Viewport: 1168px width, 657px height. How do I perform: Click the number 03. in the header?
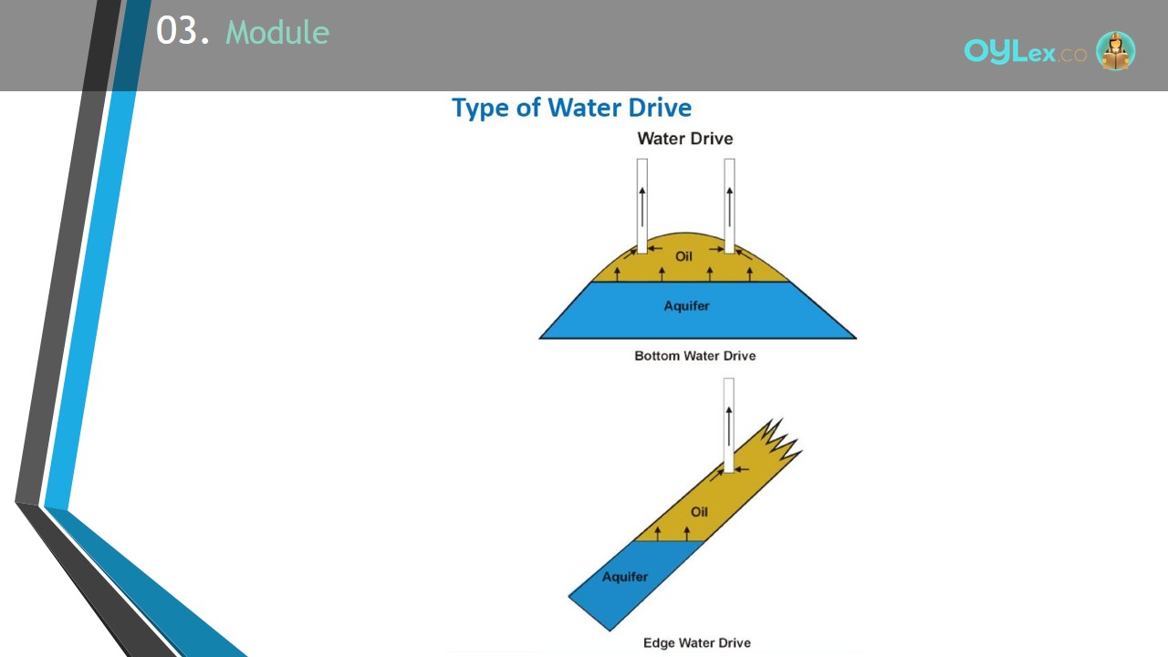coord(182,31)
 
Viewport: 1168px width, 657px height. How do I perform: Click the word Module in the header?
coord(277,32)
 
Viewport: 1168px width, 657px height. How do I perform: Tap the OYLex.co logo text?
coord(1025,51)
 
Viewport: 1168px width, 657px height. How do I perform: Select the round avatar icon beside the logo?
coord(1115,50)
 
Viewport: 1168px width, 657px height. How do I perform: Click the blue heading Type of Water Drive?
coord(571,108)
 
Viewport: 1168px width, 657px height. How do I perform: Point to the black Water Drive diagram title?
coord(685,138)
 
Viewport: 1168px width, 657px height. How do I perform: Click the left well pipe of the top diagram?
coord(642,206)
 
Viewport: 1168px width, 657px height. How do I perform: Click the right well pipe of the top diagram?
coord(729,206)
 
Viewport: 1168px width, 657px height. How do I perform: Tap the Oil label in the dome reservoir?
coord(683,256)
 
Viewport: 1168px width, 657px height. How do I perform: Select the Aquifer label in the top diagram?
coord(686,306)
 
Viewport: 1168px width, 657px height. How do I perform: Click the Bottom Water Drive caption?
coord(695,356)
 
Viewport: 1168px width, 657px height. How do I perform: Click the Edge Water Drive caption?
coord(697,643)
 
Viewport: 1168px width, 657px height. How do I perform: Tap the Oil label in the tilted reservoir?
coord(699,512)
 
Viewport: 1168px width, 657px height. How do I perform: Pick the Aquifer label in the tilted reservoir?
coord(625,577)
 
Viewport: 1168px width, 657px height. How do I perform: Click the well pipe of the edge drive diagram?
coord(729,425)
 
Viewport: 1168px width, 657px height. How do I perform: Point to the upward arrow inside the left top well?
coord(642,207)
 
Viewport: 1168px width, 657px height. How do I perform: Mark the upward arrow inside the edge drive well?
coord(729,426)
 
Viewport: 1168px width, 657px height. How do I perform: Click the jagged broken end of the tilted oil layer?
coord(780,439)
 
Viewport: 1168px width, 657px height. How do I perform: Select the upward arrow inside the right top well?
coord(729,207)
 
